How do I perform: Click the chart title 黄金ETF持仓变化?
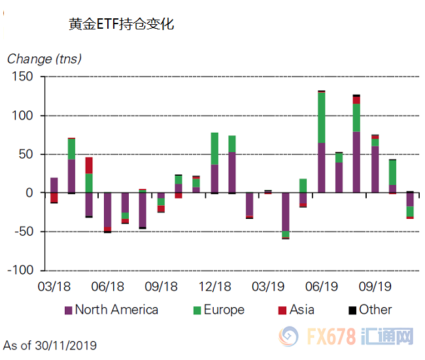121,25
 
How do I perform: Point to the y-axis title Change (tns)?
44,59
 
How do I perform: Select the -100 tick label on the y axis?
20,270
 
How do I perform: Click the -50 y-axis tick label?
22,231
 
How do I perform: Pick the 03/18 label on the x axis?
54,286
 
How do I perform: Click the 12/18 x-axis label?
214,286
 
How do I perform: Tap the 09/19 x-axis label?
375,286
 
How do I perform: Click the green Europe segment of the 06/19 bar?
322,118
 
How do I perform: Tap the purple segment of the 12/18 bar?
214,178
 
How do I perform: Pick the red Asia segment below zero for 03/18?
54,197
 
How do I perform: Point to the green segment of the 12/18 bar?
214,148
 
